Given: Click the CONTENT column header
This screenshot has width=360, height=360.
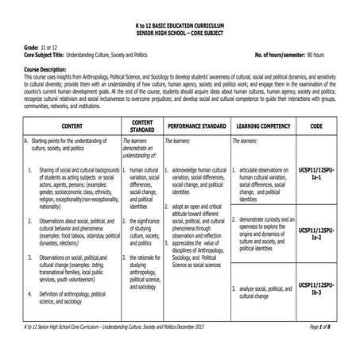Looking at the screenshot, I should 72,126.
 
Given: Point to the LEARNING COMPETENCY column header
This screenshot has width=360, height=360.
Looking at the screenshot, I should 263,126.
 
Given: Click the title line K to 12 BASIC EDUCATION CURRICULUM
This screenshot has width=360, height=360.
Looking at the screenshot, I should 180,27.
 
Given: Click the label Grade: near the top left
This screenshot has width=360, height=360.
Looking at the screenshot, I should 25,49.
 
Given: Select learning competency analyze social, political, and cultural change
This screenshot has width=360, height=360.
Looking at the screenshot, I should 265,292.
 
